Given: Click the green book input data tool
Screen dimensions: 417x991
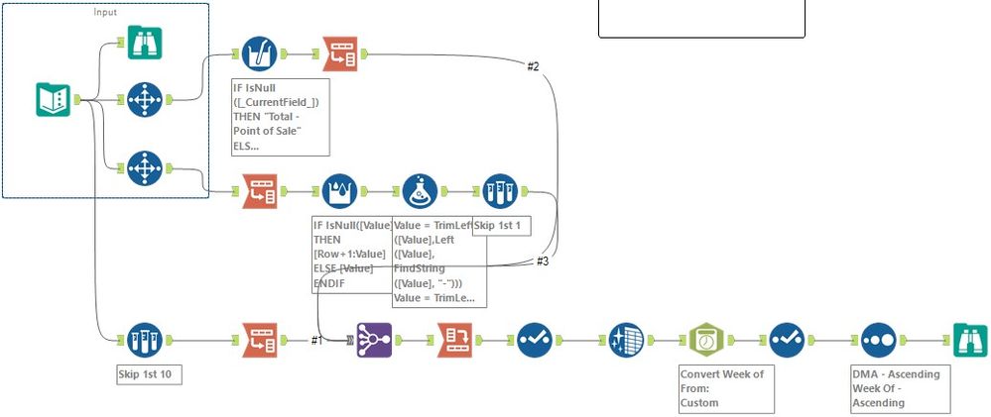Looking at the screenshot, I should [x=52, y=99].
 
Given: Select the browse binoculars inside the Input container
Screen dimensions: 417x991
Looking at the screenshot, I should [x=146, y=44].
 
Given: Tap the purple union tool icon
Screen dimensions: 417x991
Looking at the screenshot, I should [x=374, y=340].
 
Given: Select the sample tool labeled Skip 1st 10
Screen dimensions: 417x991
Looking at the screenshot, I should [x=146, y=340].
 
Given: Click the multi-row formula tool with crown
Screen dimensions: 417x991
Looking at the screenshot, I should [x=341, y=190].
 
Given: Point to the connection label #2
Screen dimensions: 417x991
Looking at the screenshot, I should [x=533, y=66].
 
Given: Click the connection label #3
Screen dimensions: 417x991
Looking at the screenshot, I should [x=543, y=261].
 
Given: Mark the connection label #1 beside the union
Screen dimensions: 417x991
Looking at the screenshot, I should [x=317, y=340].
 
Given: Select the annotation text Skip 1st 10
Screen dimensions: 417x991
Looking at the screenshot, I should [x=146, y=376].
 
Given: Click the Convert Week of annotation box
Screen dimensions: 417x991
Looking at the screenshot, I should [x=725, y=388].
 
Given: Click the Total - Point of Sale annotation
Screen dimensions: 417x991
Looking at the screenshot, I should [x=280, y=117].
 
